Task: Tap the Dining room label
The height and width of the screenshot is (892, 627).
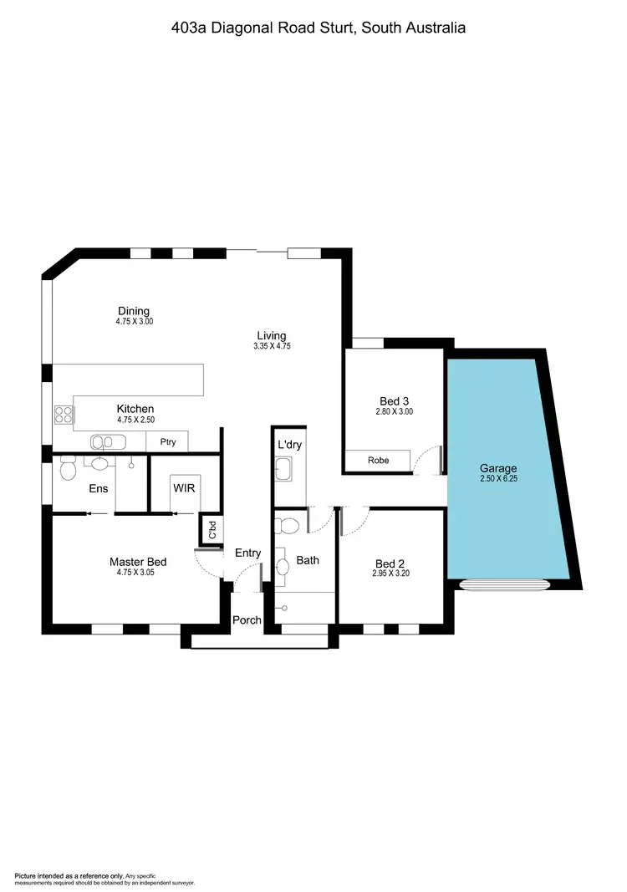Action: [x=134, y=311]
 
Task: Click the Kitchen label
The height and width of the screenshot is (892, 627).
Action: [x=135, y=409]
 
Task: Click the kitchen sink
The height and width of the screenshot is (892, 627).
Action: [x=107, y=441]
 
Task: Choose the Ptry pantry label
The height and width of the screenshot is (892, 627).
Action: [x=167, y=442]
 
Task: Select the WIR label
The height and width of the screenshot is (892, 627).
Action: [x=184, y=487]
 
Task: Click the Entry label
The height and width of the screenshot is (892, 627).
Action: [x=247, y=553]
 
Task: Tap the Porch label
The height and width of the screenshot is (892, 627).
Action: [x=247, y=620]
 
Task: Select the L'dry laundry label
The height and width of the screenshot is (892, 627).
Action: [x=290, y=444]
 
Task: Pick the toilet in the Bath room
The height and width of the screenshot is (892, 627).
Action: [x=288, y=526]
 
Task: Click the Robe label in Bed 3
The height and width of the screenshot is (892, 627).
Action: [x=378, y=461]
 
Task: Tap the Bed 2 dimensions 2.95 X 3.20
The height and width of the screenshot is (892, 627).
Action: [x=390, y=573]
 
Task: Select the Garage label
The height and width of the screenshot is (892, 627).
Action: [x=498, y=468]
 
